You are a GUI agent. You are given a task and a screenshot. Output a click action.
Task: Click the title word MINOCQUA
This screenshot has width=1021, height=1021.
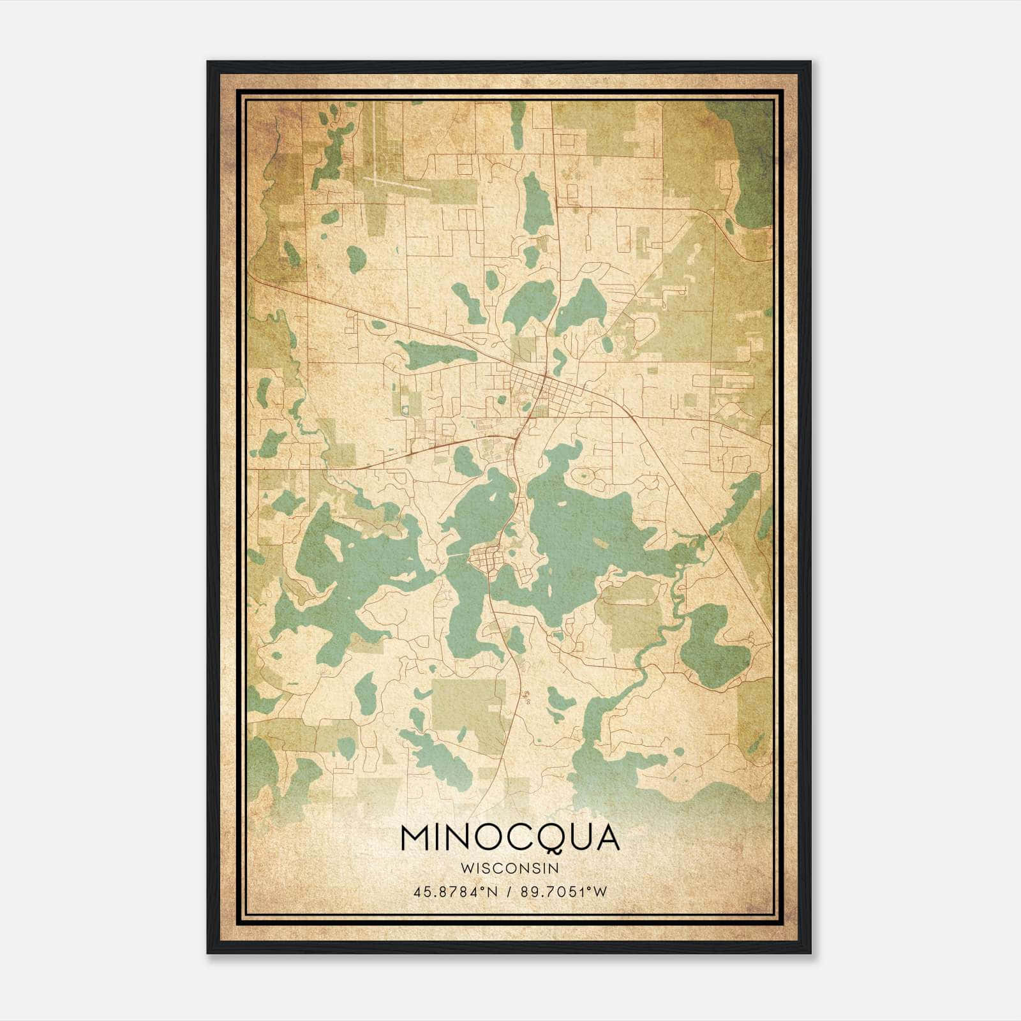coord(510,837)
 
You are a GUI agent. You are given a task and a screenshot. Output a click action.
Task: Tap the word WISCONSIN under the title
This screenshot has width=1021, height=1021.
coord(510,868)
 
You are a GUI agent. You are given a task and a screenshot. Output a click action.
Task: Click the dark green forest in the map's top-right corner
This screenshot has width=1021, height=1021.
coord(747,153)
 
